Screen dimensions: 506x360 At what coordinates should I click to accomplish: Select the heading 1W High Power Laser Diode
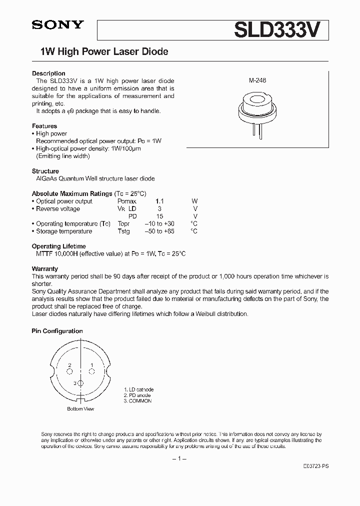tap(104, 51)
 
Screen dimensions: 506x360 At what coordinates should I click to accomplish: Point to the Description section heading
tap(48, 73)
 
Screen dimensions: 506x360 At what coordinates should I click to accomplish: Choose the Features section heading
tap(44, 126)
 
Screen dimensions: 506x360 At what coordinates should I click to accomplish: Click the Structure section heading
tap(45, 171)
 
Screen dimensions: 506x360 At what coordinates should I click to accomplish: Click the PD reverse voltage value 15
tap(159, 216)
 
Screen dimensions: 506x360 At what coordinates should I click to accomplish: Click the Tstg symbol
tap(123, 231)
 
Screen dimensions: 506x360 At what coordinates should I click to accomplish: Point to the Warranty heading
tap(45, 268)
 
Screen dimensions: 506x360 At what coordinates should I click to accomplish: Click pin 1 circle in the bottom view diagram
tap(92, 371)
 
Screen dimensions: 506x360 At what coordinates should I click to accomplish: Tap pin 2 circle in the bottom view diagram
tap(70, 371)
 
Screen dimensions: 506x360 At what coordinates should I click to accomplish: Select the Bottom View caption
tap(80, 409)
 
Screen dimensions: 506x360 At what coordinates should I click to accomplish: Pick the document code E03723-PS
tap(316, 465)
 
